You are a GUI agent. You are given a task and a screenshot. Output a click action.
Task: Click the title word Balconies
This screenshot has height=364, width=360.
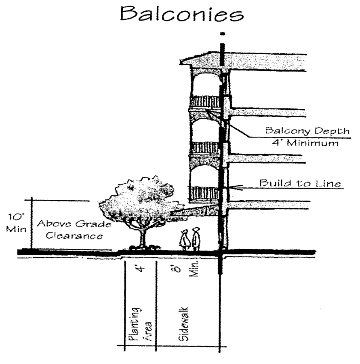coord(181,15)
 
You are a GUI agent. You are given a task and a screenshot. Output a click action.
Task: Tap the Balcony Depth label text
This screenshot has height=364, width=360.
coord(307,131)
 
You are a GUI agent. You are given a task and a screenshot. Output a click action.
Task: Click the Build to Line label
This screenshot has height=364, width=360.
coord(300,184)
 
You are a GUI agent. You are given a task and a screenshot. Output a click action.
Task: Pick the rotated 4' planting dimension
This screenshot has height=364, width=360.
coord(141,268)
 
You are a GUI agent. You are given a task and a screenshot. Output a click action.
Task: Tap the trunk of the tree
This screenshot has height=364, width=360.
coord(142,237)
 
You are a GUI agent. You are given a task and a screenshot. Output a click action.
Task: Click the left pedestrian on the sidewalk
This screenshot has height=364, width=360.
coord(185,239)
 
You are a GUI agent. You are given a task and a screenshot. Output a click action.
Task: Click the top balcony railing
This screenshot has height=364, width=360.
coord(204,102)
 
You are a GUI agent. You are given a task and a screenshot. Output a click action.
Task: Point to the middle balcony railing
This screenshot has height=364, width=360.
coord(204,148)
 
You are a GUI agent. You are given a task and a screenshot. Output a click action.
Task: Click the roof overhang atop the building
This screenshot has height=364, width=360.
coord(202,60)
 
